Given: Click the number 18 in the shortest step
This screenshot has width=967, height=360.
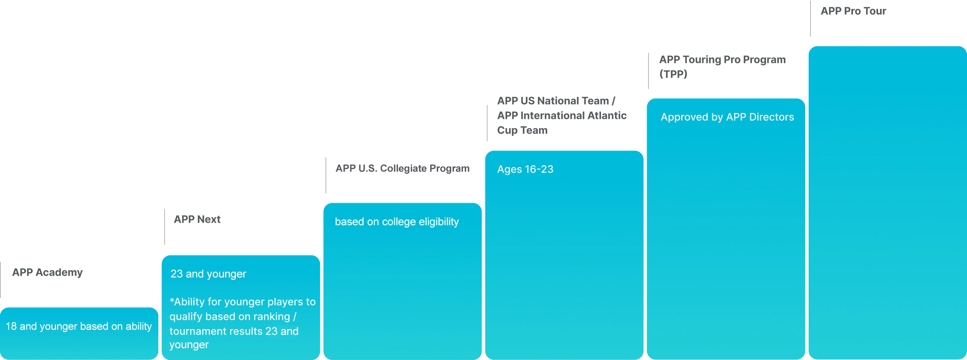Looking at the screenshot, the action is click(x=11, y=327).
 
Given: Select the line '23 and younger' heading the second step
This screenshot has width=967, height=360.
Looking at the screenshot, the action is click(x=208, y=274).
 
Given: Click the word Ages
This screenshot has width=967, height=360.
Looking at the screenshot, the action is click(x=509, y=169).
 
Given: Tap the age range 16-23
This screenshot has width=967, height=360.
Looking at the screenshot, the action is click(x=539, y=169).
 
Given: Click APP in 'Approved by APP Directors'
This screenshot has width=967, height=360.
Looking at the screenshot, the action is click(x=736, y=117).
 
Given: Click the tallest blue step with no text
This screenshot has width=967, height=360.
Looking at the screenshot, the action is click(x=887, y=203).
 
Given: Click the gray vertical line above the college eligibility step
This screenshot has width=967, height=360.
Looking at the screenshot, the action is click(x=326, y=175).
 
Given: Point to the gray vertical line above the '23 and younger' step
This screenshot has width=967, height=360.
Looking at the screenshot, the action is click(x=163, y=227).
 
